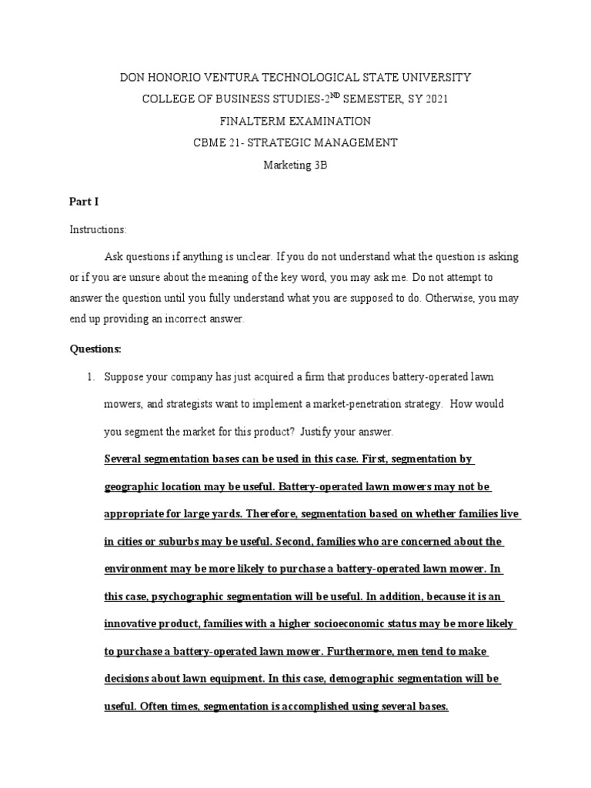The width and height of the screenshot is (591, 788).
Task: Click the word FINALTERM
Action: click(x=253, y=121)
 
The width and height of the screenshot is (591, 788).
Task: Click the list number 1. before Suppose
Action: click(x=90, y=377)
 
